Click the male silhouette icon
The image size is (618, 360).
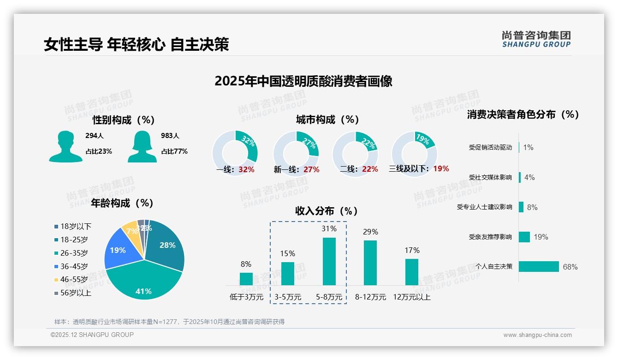(66, 146)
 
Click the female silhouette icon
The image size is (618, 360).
(142, 146)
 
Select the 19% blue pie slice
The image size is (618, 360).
(119, 250)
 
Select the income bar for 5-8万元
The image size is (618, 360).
(329, 261)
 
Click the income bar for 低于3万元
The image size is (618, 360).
(246, 279)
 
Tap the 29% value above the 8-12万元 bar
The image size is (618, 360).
(370, 232)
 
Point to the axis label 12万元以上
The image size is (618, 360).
(411, 297)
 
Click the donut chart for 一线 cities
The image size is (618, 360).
(235, 153)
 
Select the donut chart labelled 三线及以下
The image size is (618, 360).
(414, 153)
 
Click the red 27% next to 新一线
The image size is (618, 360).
(311, 170)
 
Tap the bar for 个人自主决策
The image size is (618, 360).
(539, 266)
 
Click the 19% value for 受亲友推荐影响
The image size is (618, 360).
(541, 237)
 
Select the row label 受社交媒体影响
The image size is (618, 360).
(490, 177)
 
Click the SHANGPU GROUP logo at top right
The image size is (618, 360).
(536, 39)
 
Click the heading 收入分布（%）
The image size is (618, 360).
(327, 211)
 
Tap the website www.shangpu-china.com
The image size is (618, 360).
(537, 335)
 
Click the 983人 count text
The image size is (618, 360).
(171, 136)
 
